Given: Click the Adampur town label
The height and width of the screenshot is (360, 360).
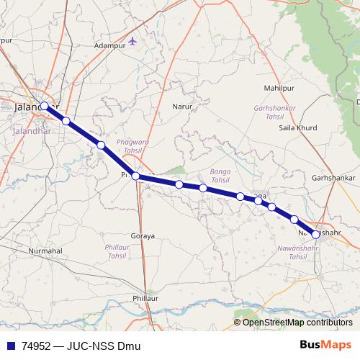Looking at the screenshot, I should click(110, 45).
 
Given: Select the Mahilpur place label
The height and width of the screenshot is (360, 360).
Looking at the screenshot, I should click(281, 87).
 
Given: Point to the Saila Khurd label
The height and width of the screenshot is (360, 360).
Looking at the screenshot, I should click(297, 128).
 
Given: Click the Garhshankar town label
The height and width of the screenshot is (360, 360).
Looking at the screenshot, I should click(334, 177).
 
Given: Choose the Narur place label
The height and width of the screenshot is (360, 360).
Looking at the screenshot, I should click(181, 107).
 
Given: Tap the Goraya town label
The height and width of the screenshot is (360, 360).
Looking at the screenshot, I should click(143, 236).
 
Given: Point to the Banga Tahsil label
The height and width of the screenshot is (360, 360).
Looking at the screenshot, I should click(219, 176).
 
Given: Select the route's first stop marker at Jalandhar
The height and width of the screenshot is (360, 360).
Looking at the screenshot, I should click(45, 106).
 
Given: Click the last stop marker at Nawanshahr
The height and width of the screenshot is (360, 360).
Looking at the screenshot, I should click(315, 234).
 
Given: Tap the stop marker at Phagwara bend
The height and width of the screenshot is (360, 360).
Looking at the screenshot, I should click(135, 176).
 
